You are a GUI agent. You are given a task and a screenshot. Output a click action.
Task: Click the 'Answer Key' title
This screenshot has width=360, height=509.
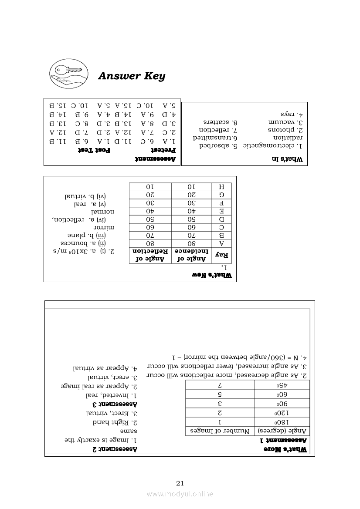tap(132, 76)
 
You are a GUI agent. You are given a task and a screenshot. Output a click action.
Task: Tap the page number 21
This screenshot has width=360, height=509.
tap(180, 483)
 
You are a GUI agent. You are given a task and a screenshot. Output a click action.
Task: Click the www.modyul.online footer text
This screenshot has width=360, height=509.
tap(180, 494)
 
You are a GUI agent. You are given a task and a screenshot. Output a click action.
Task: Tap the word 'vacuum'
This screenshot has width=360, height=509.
tap(282, 122)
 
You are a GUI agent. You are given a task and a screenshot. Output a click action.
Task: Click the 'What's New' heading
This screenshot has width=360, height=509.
tap(213, 275)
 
